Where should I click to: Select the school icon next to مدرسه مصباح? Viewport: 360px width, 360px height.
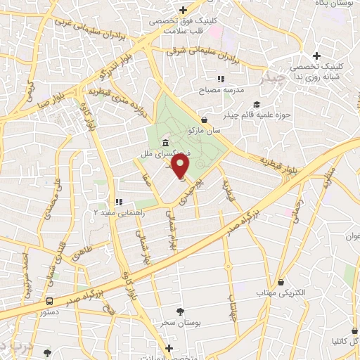click(221, 79)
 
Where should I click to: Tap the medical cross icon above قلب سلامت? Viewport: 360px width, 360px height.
click(183, 10)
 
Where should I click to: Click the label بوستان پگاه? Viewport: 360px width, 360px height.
click(336, 4)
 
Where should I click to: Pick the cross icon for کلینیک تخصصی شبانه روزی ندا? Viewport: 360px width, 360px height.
click(316, 56)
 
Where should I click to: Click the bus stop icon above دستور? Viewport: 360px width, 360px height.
click(48, 300)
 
